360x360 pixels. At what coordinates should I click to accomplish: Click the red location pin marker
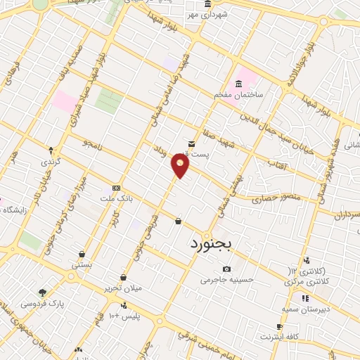(181, 166)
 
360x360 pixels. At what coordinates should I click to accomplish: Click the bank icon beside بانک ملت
(115, 188)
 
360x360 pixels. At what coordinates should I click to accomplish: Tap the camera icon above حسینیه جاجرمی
(226, 269)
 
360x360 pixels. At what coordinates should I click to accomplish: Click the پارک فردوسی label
(41, 304)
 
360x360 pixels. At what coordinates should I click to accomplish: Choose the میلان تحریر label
(124, 288)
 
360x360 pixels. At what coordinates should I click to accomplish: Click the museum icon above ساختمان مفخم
(239, 84)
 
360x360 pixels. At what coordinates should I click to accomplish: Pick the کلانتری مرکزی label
(303, 281)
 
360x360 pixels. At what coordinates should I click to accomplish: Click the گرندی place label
(51, 161)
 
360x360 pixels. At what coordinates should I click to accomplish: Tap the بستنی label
(82, 265)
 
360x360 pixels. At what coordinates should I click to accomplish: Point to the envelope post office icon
(191, 144)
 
